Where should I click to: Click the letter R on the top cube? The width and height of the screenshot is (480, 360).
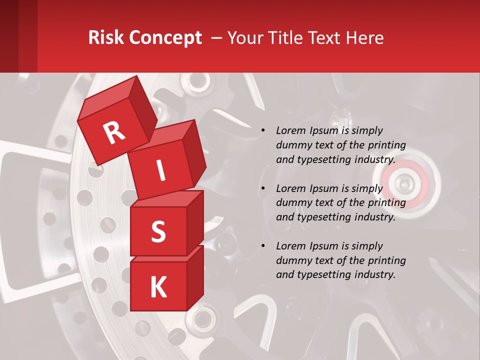click(114, 132)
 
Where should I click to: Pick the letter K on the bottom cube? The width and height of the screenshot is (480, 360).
click(158, 287)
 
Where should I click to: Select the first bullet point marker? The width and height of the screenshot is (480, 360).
click(263, 131)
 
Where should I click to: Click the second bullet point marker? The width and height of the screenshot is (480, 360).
click(263, 189)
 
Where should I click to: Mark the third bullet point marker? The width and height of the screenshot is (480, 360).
click(263, 246)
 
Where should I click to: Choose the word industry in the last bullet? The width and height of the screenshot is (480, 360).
click(374, 274)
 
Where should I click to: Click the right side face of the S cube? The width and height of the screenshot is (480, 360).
click(195, 222)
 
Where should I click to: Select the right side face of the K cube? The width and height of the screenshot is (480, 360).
click(195, 279)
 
